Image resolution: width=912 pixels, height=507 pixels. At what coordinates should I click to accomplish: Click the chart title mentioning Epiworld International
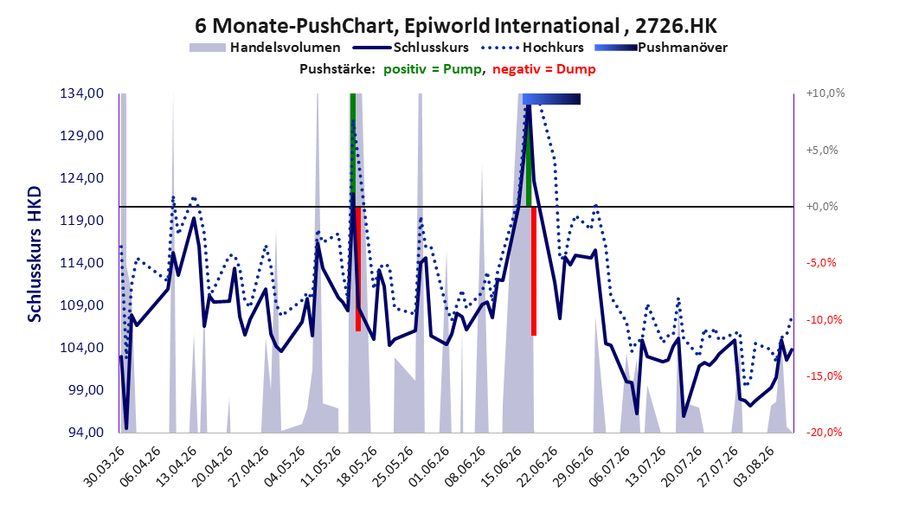[456, 26]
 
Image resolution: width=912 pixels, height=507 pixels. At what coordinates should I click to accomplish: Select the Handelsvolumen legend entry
[266, 48]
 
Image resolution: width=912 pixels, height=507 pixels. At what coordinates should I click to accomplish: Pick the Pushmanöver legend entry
[661, 48]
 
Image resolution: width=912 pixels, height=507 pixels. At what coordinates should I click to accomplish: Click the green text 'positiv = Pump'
[433, 69]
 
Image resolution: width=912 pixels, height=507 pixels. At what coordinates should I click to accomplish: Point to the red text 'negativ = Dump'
[544, 69]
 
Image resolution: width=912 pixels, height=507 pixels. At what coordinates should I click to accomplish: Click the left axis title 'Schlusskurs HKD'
[35, 254]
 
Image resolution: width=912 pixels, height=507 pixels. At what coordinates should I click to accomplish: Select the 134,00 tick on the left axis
[82, 93]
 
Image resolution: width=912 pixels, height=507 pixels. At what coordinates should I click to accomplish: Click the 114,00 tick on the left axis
[82, 263]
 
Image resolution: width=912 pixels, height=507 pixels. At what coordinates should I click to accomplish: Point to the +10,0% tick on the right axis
[825, 93]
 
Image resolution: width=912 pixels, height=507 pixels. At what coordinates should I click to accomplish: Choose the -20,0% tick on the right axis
[824, 432]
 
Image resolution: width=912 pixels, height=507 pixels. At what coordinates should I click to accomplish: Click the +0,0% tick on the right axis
[822, 207]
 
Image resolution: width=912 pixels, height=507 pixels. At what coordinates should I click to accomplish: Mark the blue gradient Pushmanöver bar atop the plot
[551, 99]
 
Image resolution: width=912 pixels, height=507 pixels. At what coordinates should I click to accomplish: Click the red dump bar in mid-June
[534, 271]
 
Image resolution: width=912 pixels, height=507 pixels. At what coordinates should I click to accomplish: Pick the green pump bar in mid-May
[352, 150]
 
